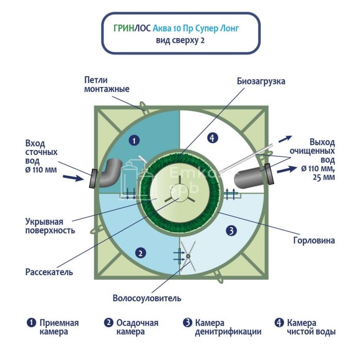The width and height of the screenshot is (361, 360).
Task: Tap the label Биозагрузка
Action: click(x=261, y=81)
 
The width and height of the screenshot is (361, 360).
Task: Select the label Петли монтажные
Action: click(x=106, y=84)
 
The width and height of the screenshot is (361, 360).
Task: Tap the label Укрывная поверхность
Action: click(x=50, y=226)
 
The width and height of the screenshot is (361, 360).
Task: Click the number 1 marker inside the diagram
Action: click(x=134, y=140)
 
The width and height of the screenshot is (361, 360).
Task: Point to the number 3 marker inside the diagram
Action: click(x=232, y=231)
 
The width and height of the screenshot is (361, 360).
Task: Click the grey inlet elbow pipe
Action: click(x=109, y=172)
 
